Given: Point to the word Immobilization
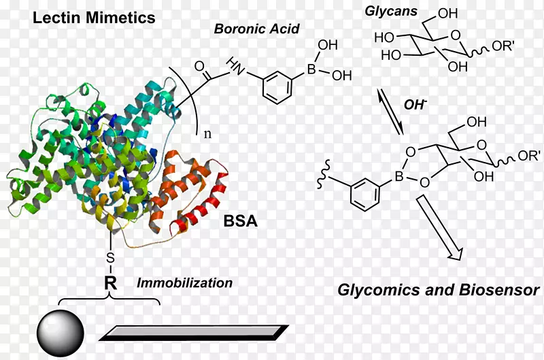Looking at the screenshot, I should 184,282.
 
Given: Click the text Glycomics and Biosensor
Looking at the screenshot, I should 439,291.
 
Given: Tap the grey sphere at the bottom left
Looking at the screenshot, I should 60,331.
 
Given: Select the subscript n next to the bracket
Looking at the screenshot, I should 207,133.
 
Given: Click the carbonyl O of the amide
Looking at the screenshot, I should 199,67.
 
